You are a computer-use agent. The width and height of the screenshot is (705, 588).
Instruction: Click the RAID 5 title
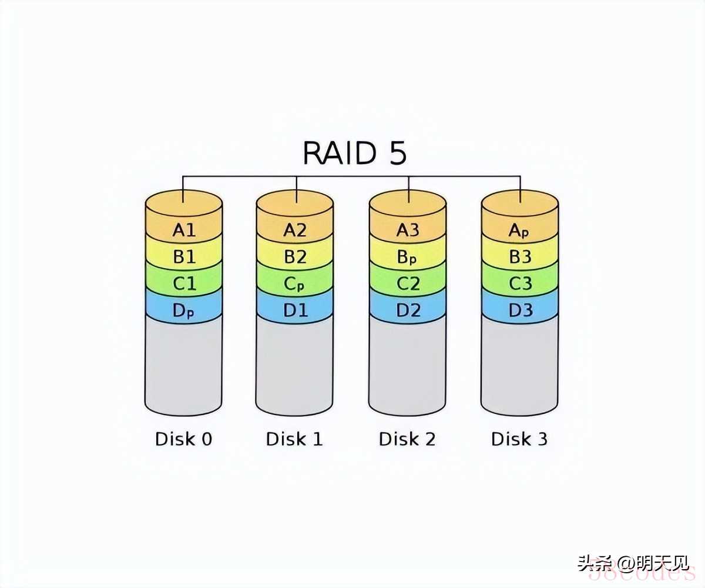coord(354,152)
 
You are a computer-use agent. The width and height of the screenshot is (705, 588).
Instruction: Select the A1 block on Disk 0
coord(183,230)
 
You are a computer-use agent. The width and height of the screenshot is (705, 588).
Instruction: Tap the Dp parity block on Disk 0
coord(183,311)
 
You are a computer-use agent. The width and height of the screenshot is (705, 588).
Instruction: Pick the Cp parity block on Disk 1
coord(295,284)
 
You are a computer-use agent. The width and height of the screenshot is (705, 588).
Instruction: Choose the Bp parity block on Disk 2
coord(408,257)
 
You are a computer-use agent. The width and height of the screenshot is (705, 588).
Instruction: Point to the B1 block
coord(183,257)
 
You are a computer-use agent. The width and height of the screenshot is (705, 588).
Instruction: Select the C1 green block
coord(183,284)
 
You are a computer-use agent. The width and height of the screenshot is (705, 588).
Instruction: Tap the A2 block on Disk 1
coord(295,230)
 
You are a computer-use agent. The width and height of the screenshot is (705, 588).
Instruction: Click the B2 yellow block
coord(295,257)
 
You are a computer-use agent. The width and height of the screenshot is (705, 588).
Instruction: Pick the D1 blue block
coord(295,310)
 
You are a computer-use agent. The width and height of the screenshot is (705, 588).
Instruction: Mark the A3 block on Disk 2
coord(408,230)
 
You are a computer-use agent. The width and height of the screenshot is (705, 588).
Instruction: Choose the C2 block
coord(408,284)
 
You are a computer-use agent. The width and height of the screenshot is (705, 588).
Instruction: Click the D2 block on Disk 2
coord(408,310)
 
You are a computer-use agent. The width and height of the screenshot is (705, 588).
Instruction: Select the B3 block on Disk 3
coord(519,257)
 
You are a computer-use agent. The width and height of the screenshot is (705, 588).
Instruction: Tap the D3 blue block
coord(519,310)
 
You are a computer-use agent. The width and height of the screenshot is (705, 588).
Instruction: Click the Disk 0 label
coord(183,439)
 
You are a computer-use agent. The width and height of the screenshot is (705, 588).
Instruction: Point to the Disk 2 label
coord(407,439)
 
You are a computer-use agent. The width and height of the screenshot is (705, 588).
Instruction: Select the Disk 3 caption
coord(519,439)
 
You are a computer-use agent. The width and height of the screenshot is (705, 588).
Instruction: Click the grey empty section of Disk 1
coord(295,365)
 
